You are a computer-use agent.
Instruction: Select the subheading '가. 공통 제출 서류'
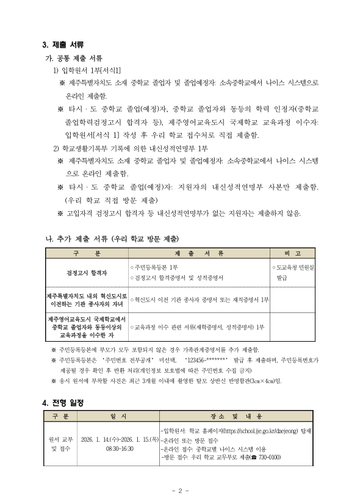pyautogui.click(x=71, y=59)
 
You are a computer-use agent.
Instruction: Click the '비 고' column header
pyautogui.click(x=293, y=253)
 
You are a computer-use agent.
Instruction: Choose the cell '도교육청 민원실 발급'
pyautogui.click(x=293, y=273)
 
